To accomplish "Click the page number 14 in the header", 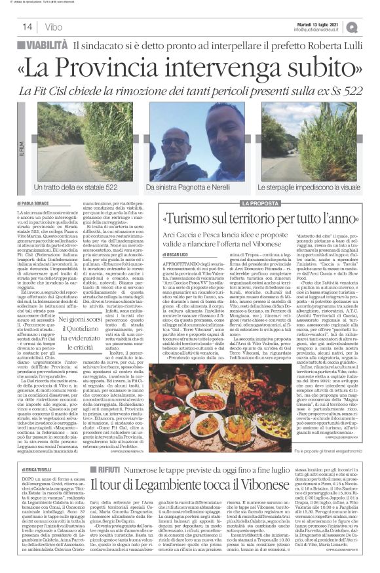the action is (28, 27).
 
